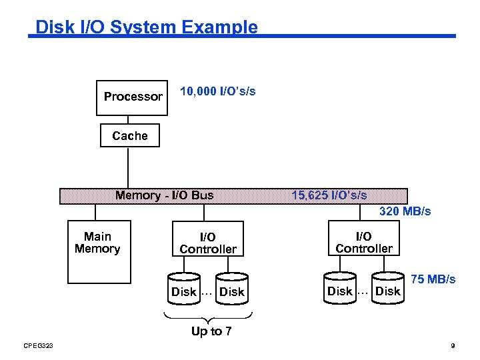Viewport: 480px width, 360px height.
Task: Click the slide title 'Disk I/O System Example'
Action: [146, 27]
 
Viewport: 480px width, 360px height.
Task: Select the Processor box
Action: [133, 97]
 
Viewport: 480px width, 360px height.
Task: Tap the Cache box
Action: [130, 136]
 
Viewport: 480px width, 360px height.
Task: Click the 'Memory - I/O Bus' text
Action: [165, 195]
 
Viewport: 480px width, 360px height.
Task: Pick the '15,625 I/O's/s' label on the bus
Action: [329, 195]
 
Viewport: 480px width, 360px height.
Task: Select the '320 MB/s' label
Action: [405, 211]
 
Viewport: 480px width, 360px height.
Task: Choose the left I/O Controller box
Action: [208, 243]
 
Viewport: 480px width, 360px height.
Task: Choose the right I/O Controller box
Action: [364, 243]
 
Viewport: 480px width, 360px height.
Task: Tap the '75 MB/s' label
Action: [433, 279]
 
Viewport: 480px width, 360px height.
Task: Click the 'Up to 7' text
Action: [211, 331]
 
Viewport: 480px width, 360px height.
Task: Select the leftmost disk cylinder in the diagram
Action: [184, 289]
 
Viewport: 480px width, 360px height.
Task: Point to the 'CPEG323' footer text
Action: [37, 345]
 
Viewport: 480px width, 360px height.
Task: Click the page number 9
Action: [453, 345]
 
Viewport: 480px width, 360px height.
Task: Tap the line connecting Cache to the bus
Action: [128, 168]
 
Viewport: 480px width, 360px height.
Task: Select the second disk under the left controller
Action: [232, 289]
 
